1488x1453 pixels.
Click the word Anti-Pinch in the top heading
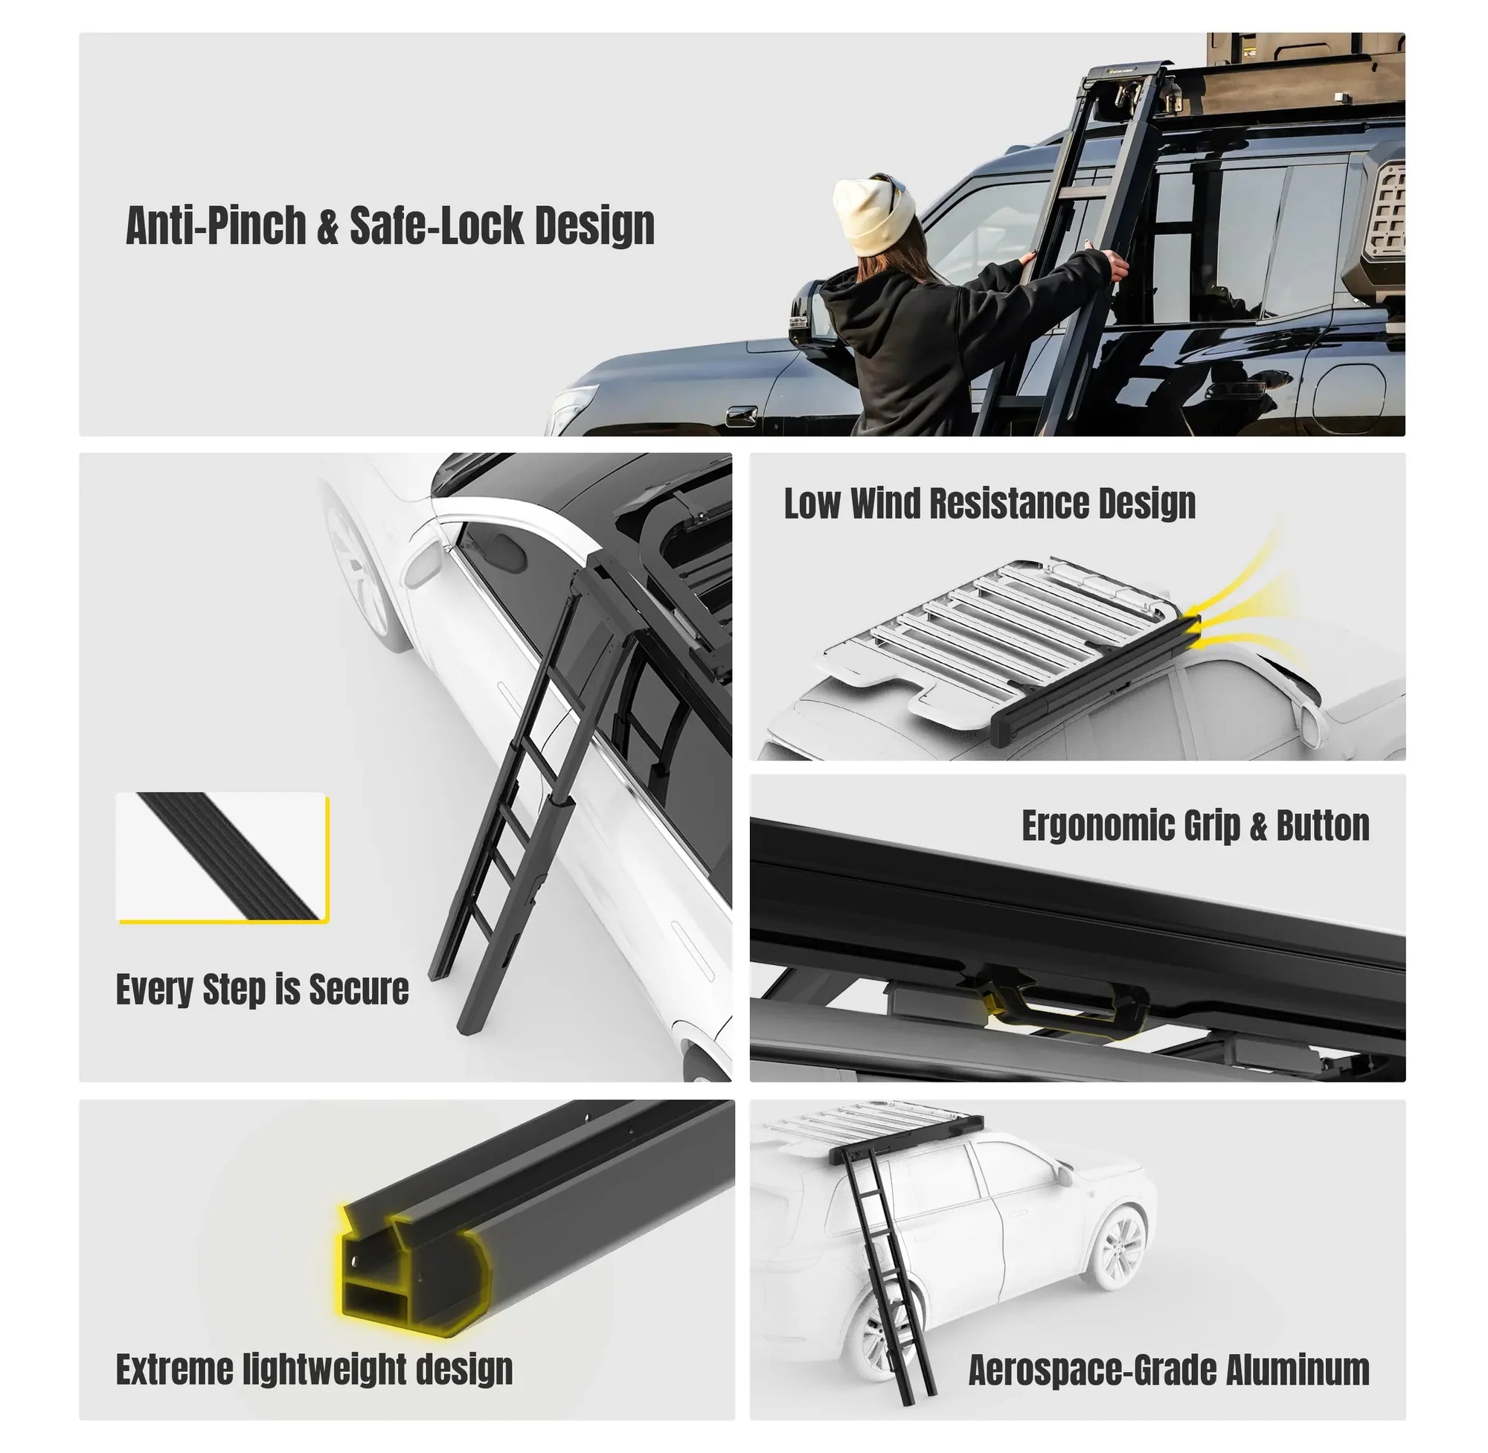click(x=215, y=226)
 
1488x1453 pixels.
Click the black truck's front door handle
click(x=743, y=416)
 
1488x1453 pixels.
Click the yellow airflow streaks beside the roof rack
click(x=1237, y=603)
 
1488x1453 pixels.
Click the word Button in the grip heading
click(x=1323, y=826)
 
